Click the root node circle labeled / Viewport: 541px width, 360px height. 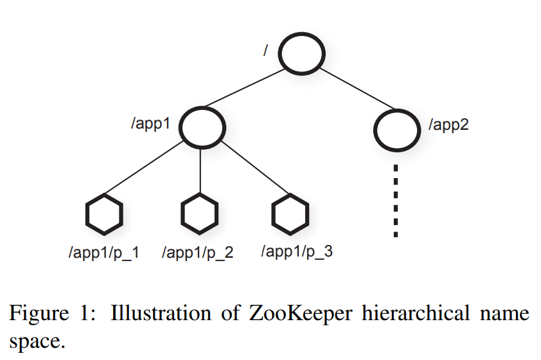(301, 53)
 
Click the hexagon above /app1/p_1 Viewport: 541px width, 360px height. (103, 215)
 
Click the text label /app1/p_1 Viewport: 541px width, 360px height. (103, 252)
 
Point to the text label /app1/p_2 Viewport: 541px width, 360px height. (198, 253)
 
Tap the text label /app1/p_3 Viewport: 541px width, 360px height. (296, 251)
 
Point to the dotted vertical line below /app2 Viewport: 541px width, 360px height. (396, 199)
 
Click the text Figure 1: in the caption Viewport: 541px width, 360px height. (54, 314)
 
